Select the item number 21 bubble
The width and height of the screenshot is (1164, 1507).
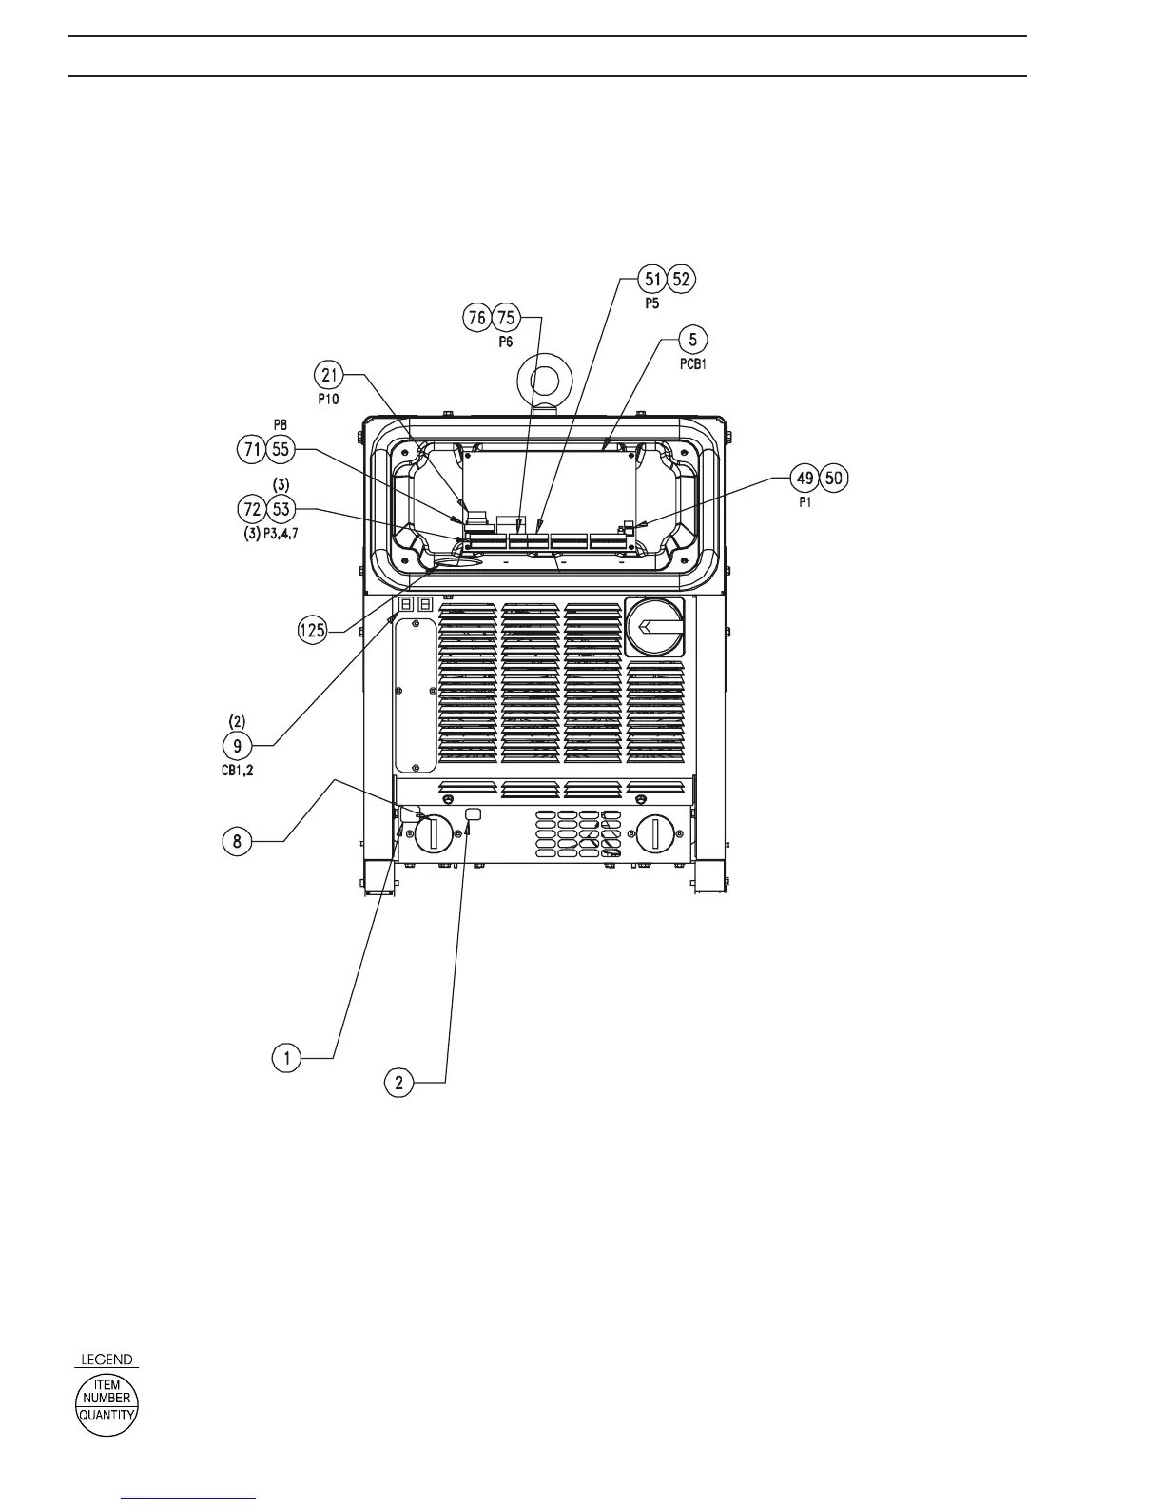(x=330, y=376)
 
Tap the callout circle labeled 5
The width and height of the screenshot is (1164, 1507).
(x=692, y=339)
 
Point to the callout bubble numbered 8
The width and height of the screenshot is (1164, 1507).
(x=238, y=840)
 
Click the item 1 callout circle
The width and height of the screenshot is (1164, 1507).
(x=287, y=1057)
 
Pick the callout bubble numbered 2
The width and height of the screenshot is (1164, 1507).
(x=399, y=1082)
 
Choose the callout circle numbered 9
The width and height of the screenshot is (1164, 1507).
(x=238, y=745)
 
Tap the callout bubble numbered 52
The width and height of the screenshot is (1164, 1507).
(x=681, y=279)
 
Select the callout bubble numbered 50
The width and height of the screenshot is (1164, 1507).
(x=833, y=479)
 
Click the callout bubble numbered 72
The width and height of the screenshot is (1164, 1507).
(x=254, y=510)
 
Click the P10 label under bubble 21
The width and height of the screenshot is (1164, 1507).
(x=328, y=400)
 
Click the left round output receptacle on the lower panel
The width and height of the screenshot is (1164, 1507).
(x=433, y=834)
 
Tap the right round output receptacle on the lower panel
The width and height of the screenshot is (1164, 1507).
(x=654, y=834)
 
